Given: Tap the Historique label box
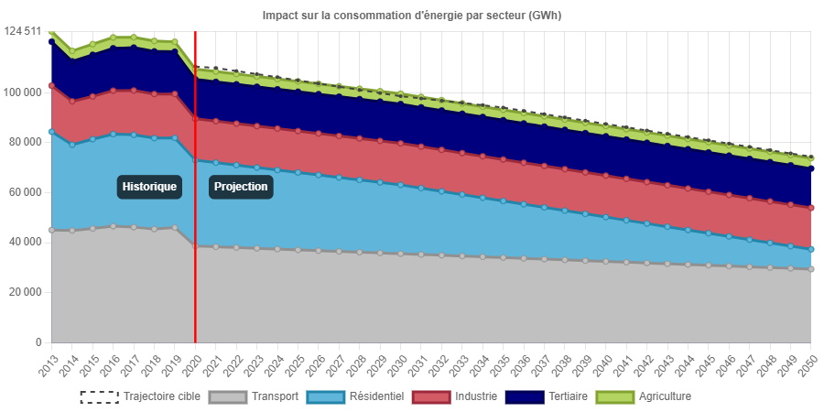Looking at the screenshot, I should click(x=149, y=187).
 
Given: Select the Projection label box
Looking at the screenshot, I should click(x=241, y=187).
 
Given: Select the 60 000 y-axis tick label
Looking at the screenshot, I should click(x=25, y=192).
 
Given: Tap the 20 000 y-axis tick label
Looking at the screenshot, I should click(x=25, y=292).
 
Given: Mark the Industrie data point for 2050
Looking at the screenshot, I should click(x=811, y=208).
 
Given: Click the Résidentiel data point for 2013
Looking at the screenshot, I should click(x=51, y=132).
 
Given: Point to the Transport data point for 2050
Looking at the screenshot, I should click(x=811, y=269).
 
